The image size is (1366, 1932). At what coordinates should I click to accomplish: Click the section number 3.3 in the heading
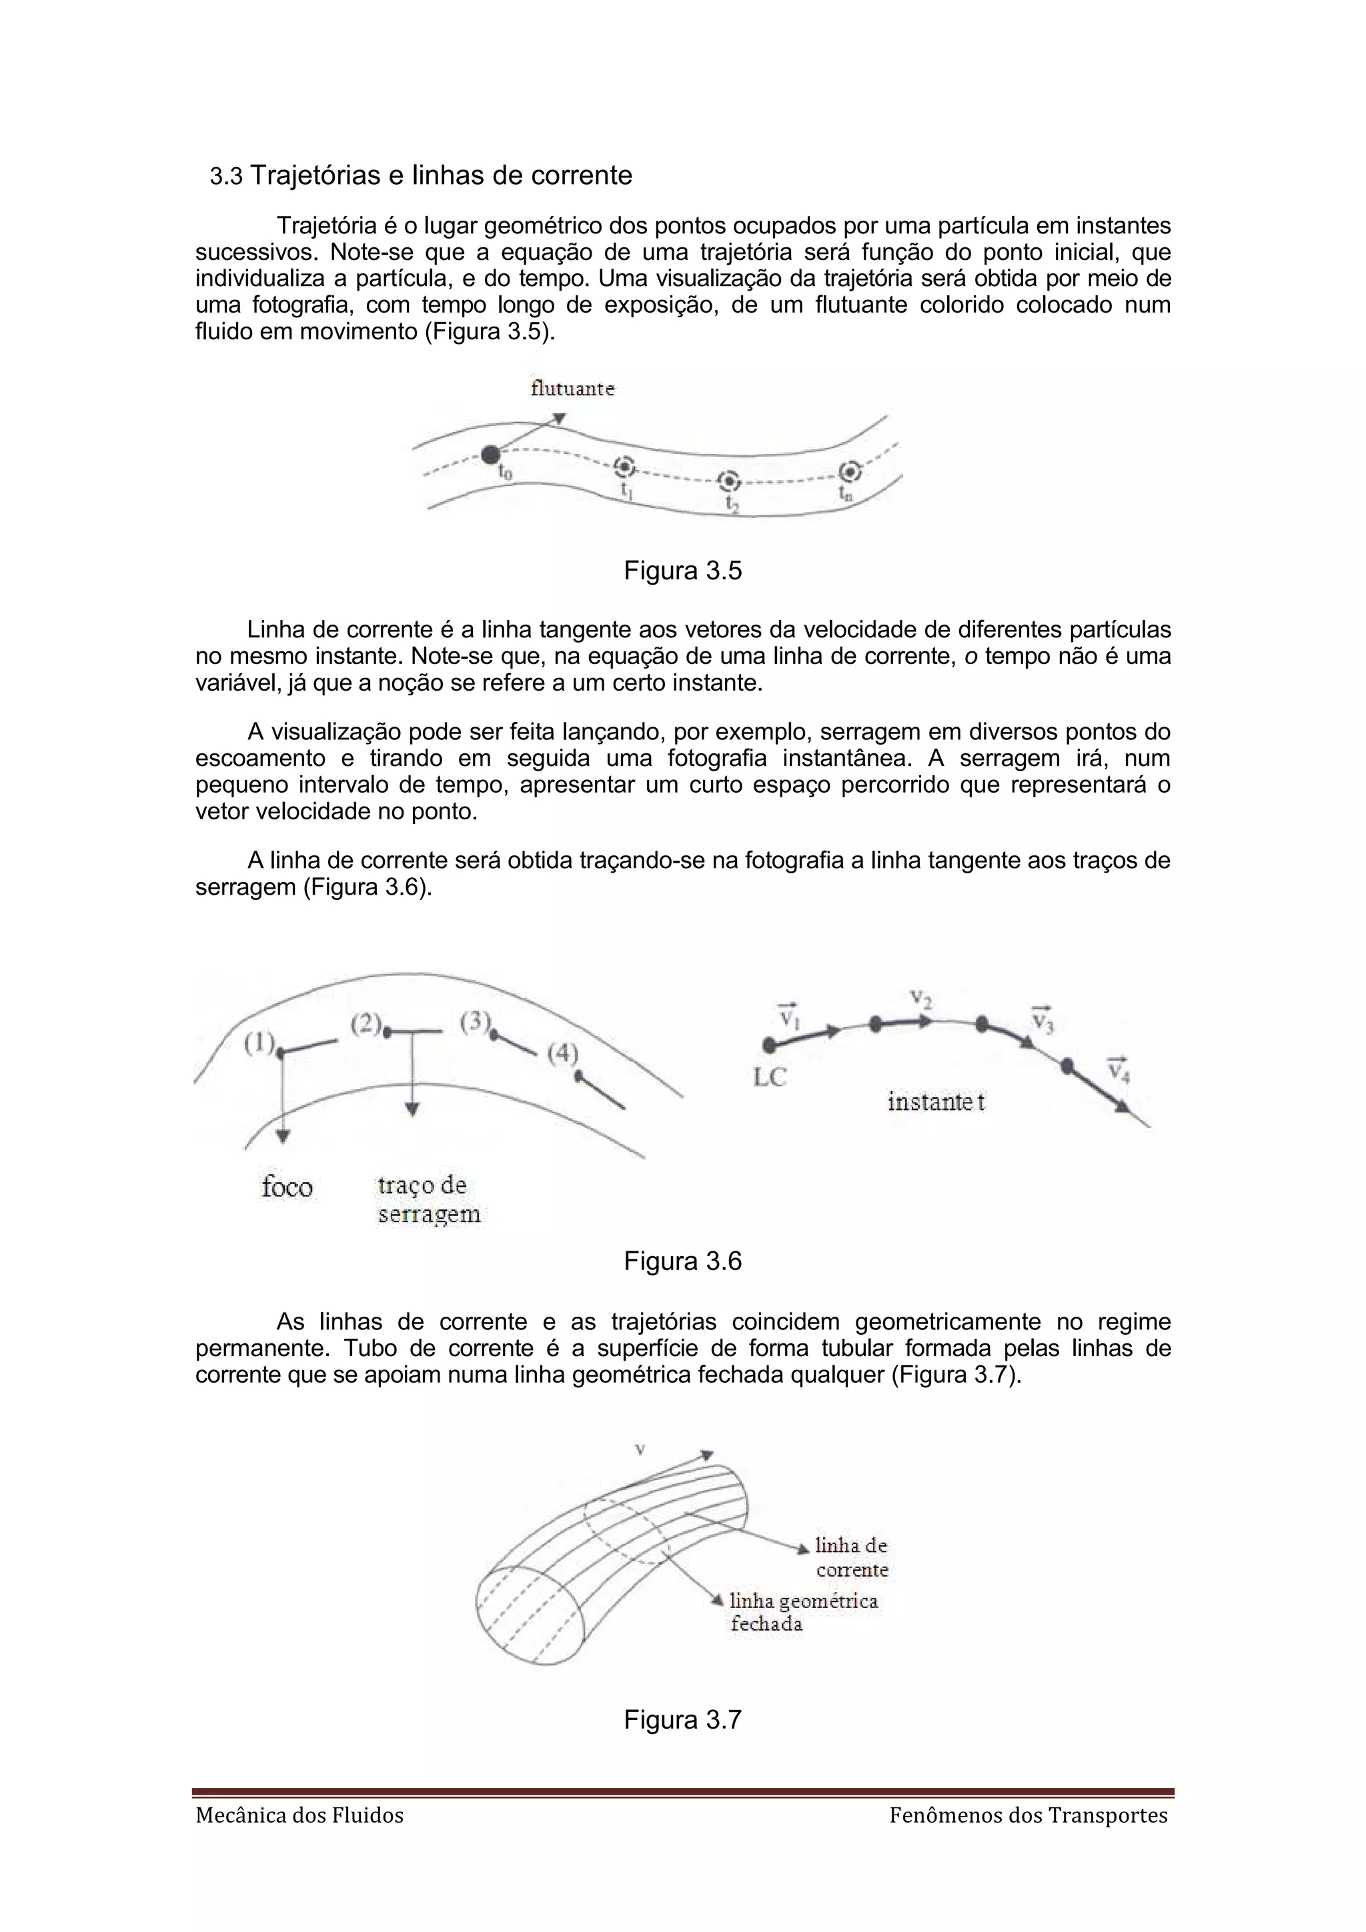(x=225, y=177)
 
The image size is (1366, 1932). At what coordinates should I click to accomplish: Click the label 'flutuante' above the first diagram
(x=572, y=389)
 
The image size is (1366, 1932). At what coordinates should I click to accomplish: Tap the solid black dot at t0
(x=490, y=455)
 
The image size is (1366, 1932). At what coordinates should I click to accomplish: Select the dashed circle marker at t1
(x=624, y=467)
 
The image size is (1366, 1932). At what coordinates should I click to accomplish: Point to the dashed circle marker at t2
(x=729, y=481)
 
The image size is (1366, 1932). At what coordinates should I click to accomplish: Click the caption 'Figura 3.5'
(x=682, y=571)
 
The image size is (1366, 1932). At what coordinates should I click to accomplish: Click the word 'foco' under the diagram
(x=287, y=1187)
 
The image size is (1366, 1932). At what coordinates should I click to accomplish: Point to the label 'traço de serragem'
(x=428, y=1200)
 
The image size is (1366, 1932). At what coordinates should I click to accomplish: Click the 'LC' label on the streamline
(x=769, y=1077)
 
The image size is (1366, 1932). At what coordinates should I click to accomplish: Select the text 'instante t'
(x=936, y=1101)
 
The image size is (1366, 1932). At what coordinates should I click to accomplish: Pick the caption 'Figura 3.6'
(x=682, y=1261)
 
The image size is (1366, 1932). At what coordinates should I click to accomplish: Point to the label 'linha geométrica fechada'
(x=803, y=1612)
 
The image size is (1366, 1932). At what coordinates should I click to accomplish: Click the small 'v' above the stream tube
(x=640, y=1449)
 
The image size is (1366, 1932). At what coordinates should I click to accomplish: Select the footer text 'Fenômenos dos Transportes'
(x=1029, y=1816)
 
